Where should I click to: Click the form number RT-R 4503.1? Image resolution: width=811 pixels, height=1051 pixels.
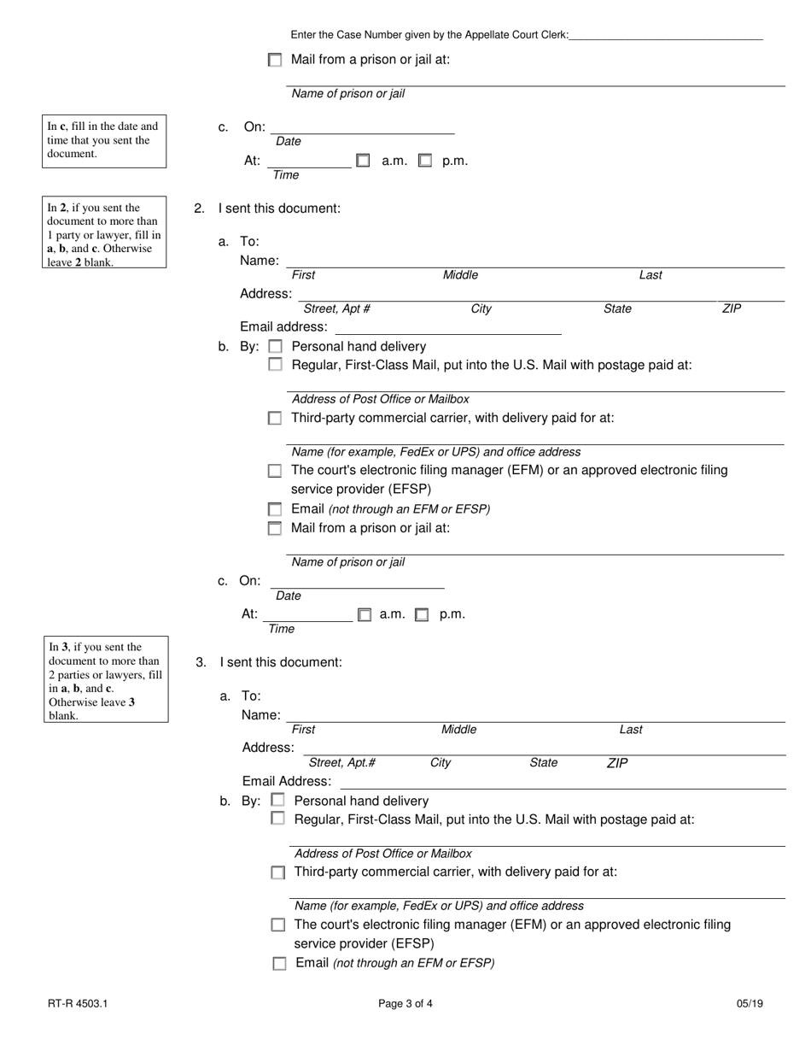coord(78,1004)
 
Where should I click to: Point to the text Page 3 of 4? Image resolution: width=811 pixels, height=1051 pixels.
coord(405,1004)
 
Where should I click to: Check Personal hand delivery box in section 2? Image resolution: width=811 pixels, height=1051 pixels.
coord(275,347)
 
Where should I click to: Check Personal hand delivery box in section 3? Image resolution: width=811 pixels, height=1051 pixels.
coord(277,801)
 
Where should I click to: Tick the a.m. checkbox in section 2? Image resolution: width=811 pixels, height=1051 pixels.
coord(365,614)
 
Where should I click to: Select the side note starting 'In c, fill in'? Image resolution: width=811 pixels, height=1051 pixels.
coord(104,141)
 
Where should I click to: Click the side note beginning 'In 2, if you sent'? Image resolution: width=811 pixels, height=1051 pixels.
coord(104,234)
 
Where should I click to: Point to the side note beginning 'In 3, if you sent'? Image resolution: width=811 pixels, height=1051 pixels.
coord(105,680)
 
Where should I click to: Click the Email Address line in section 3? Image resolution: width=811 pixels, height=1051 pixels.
coord(563,783)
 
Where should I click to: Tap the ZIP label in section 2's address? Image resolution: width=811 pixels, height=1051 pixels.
coord(732,308)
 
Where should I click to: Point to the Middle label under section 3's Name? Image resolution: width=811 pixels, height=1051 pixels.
coord(458,730)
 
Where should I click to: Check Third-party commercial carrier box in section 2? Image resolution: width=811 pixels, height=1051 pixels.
coord(275,419)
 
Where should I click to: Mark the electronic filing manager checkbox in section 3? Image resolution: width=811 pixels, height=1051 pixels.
coord(278,925)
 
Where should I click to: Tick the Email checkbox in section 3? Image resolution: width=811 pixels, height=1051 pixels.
coord(279,963)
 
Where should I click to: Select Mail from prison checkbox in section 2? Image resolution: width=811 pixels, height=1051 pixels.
coord(275,528)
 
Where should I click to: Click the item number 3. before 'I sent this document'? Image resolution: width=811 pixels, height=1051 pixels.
coord(201,662)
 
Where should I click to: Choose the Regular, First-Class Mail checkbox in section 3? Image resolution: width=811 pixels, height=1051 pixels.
coord(277,819)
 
